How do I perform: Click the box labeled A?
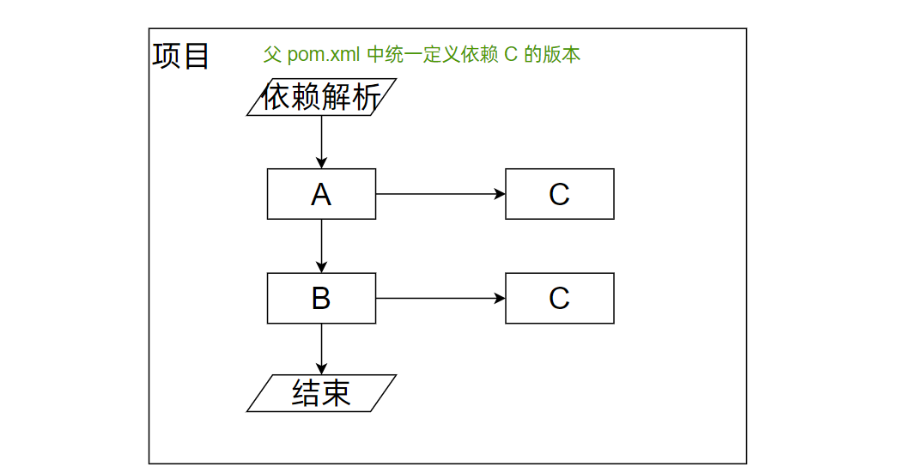pos(321,194)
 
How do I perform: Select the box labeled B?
pos(321,298)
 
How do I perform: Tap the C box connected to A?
pos(559,194)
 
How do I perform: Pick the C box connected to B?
pos(559,298)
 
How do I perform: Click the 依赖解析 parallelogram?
pos(321,97)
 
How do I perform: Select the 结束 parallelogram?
pos(321,393)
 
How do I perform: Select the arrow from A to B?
pos(321,246)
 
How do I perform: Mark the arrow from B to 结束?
pos(321,349)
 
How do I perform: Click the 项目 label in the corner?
pos(181,56)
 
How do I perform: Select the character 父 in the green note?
pos(272,55)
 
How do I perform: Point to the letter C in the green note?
pos(510,55)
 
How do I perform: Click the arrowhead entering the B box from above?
pos(321,267)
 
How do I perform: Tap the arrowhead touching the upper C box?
pos(500,194)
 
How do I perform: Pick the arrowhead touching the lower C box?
pos(500,298)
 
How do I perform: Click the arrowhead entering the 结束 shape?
pos(321,369)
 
